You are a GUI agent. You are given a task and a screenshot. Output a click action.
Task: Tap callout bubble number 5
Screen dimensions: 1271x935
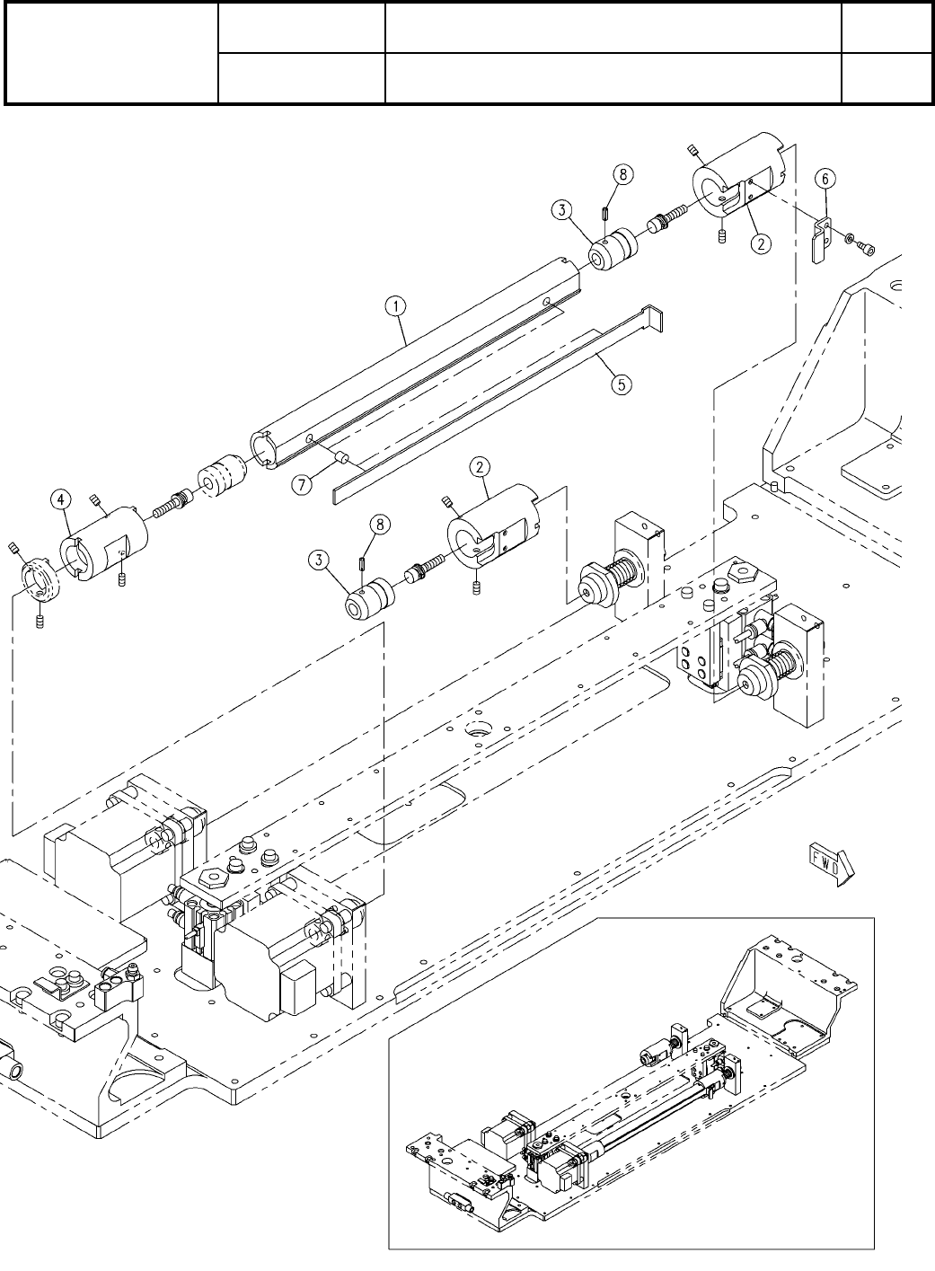pyautogui.click(x=621, y=384)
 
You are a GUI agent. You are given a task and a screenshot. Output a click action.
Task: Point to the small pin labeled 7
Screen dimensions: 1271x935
pyautogui.click(x=341, y=458)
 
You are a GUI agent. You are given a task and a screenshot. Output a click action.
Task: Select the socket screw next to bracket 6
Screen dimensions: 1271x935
pyautogui.click(x=869, y=244)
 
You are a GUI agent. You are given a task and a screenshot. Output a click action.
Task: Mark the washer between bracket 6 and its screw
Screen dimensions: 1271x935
pyautogui.click(x=849, y=237)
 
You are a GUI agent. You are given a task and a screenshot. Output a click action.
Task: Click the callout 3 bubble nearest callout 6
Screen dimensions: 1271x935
pyautogui.click(x=561, y=212)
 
